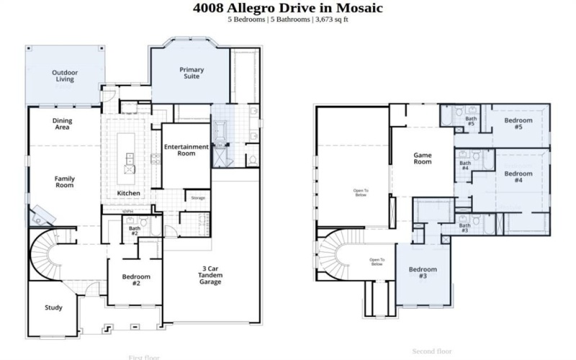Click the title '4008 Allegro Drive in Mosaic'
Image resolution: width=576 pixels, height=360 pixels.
click(288, 8)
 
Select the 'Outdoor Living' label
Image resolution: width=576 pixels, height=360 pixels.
click(64, 76)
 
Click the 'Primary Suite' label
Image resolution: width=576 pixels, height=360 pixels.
click(192, 73)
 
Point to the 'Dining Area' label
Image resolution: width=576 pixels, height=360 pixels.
click(66, 125)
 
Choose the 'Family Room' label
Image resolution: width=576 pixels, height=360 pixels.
click(65, 181)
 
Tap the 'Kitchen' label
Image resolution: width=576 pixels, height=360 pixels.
click(128, 194)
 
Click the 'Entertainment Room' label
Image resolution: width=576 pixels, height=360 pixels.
click(186, 150)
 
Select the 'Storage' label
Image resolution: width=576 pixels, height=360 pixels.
click(197, 197)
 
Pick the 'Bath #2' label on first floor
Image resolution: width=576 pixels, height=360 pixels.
click(134, 231)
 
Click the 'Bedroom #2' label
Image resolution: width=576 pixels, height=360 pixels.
click(135, 280)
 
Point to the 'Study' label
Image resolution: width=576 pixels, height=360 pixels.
click(54, 307)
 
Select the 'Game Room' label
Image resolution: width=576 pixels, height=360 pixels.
click(422, 158)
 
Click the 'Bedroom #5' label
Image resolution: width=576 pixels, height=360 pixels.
click(518, 123)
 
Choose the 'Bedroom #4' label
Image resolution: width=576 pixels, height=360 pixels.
click(518, 177)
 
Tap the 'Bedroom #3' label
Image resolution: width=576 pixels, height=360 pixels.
click(423, 273)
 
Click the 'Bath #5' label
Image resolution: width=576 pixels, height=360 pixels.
click(471, 121)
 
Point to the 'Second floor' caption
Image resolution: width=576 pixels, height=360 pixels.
click(432, 351)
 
